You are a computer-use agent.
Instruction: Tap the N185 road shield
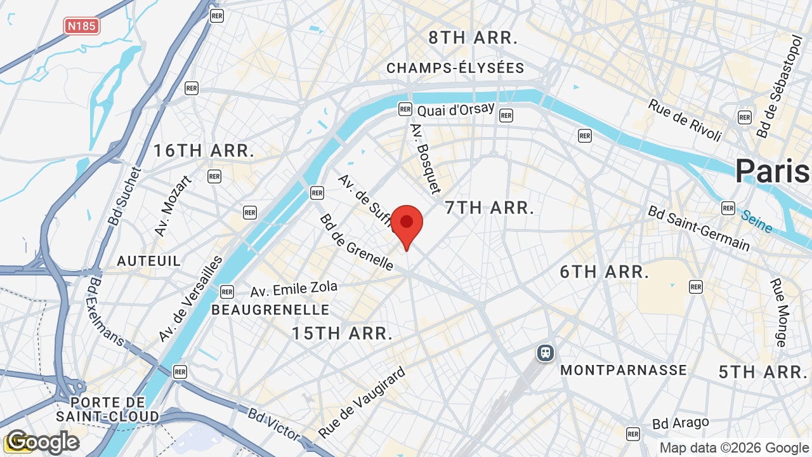(x=82, y=26)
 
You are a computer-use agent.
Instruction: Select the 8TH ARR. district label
(x=473, y=37)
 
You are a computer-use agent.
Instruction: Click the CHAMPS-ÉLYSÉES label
(x=455, y=68)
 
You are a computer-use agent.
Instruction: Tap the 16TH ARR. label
(x=204, y=151)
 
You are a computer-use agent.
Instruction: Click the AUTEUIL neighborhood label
(x=148, y=261)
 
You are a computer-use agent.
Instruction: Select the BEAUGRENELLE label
(x=270, y=310)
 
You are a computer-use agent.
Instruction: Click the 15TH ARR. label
(x=342, y=333)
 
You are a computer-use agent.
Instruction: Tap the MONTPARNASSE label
(x=624, y=370)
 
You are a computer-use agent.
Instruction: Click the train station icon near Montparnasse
(x=545, y=352)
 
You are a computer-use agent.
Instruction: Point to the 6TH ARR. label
(x=604, y=272)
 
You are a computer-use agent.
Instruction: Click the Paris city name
(x=773, y=171)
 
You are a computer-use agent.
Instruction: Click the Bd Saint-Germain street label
(x=698, y=228)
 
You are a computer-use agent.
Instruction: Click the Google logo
(x=43, y=442)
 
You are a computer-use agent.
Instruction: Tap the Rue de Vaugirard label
(x=362, y=403)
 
